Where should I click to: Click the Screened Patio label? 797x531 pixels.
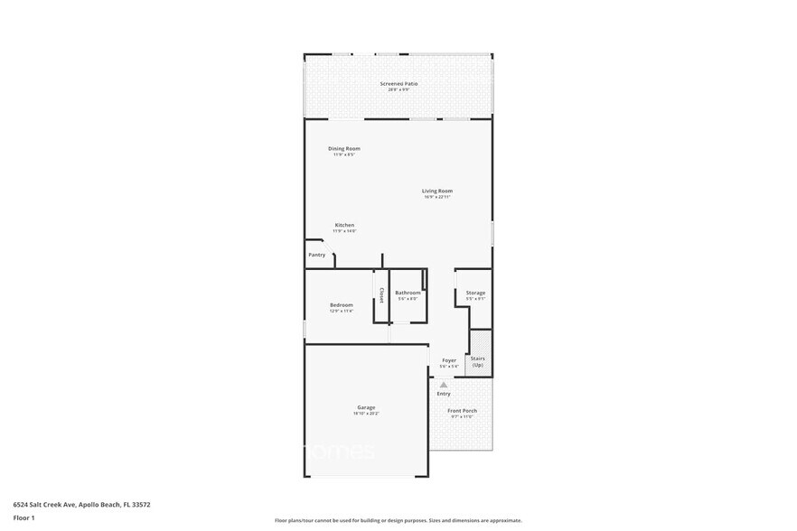(x=398, y=84)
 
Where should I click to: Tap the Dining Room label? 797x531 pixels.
(x=343, y=148)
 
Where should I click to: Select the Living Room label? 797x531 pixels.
(x=436, y=191)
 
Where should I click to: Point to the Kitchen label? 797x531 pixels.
(x=344, y=225)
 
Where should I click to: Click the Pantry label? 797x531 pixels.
(x=316, y=255)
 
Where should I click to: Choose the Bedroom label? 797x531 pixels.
(x=341, y=305)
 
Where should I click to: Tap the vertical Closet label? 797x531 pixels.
(x=381, y=295)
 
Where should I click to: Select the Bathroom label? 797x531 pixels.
(x=408, y=293)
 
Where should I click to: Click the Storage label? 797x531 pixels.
(x=475, y=293)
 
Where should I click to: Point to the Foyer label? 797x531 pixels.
(x=449, y=361)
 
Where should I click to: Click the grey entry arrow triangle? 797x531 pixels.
(x=444, y=384)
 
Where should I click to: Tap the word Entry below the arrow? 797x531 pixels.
(x=444, y=394)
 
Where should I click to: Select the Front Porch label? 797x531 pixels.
(x=462, y=411)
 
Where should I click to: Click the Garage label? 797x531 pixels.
(x=366, y=407)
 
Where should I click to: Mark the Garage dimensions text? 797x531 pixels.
(x=366, y=414)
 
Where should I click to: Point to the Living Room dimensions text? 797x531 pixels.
(x=436, y=197)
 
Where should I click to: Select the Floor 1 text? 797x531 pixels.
(x=23, y=517)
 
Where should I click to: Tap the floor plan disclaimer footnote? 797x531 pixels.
(x=398, y=521)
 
